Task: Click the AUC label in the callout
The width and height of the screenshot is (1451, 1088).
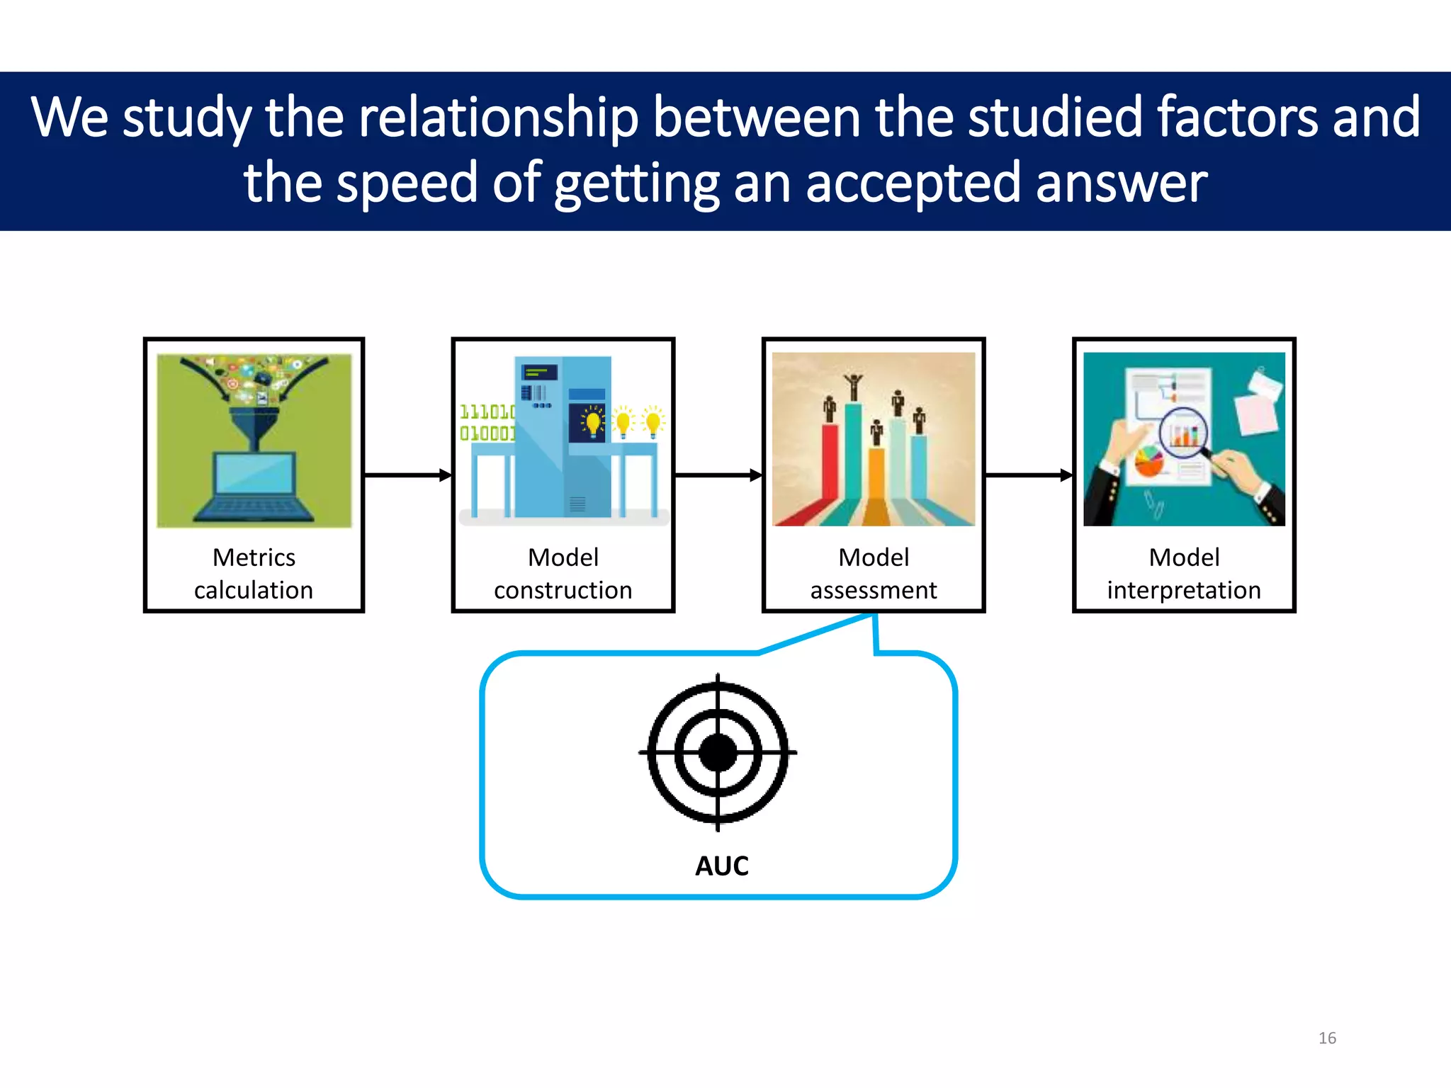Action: point(721,866)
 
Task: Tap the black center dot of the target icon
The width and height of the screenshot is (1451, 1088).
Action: point(718,752)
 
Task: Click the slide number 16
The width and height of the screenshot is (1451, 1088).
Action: point(1327,1038)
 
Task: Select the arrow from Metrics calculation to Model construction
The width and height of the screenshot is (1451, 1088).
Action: point(407,475)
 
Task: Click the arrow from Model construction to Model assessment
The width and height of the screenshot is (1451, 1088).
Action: point(717,475)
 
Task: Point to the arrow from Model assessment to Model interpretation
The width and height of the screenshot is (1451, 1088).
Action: point(1028,475)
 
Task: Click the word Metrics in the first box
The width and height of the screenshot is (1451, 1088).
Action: point(254,557)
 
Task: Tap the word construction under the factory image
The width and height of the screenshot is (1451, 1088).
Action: point(563,590)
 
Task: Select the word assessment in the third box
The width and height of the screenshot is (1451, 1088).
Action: point(873,590)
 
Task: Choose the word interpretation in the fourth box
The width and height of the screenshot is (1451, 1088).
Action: point(1183,590)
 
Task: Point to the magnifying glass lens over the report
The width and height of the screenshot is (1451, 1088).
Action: point(1182,432)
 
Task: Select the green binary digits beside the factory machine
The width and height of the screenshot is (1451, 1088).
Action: point(487,422)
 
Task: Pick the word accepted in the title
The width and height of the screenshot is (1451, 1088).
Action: point(913,183)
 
